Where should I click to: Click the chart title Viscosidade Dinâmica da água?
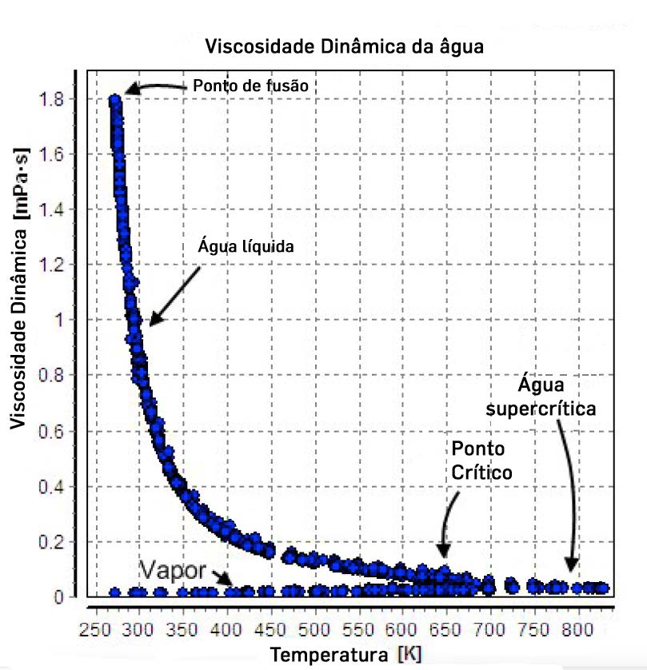(345, 46)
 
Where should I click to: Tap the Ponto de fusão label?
(250, 86)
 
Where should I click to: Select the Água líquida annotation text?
(246, 247)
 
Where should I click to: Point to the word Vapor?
(174, 570)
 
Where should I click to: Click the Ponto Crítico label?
(481, 459)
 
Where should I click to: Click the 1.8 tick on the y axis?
(62, 99)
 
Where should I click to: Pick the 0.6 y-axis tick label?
(62, 432)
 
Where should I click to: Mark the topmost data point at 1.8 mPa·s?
(115, 102)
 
